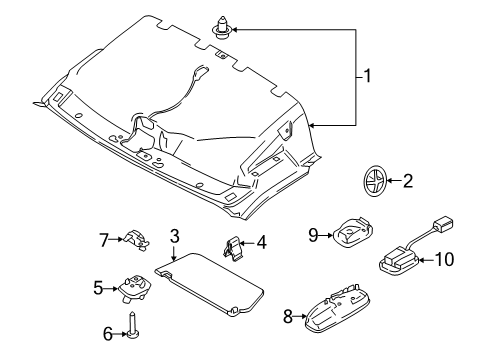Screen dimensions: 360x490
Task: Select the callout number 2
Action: click(x=406, y=181)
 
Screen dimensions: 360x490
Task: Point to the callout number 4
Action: click(x=263, y=242)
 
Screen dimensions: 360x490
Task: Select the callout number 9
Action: click(x=313, y=236)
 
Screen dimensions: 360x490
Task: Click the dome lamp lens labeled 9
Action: click(x=349, y=235)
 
